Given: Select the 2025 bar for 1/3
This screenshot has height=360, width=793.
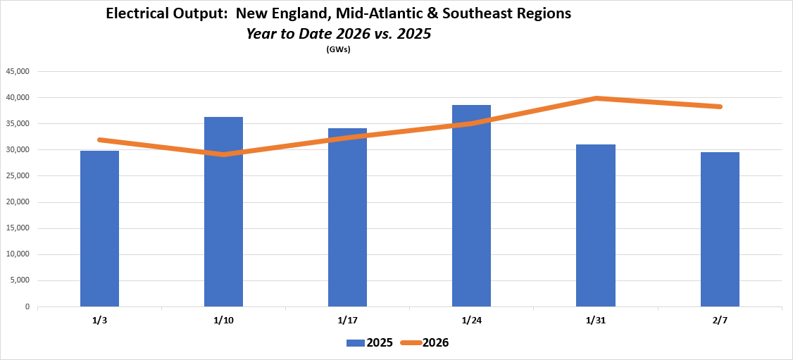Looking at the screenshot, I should click(x=99, y=229).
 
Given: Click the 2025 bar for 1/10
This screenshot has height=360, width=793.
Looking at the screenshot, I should click(x=223, y=211).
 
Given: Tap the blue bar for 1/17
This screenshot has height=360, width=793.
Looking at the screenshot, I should click(x=347, y=218).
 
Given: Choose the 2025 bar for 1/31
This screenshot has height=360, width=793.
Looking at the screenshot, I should click(x=595, y=225).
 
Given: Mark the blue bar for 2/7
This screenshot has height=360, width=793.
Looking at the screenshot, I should click(x=720, y=230).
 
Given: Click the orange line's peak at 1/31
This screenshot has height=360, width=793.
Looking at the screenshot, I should click(x=596, y=98).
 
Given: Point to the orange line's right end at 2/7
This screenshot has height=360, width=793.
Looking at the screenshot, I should click(x=720, y=106).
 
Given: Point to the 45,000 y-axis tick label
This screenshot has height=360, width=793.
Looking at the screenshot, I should click(x=17, y=71).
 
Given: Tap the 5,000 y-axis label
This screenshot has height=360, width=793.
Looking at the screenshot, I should click(x=19, y=280).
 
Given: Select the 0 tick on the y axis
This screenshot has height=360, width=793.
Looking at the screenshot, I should click(x=27, y=307).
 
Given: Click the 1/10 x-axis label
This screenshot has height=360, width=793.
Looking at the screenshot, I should click(x=223, y=321).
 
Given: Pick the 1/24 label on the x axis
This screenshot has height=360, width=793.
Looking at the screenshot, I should click(x=471, y=321).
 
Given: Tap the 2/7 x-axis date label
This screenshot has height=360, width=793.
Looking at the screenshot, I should click(x=720, y=321).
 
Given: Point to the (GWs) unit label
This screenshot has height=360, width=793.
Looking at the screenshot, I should click(x=338, y=49).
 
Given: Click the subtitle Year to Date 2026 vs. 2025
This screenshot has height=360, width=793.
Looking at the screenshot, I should click(x=338, y=33).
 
